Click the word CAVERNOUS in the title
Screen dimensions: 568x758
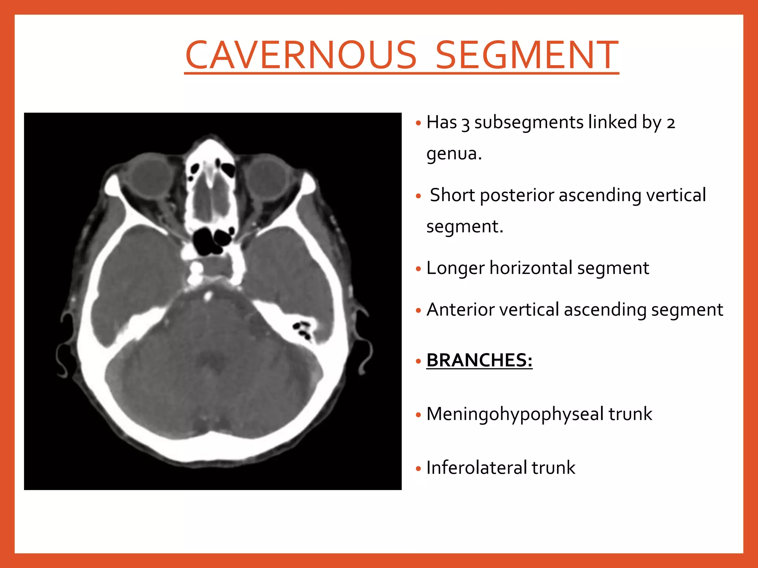(x=301, y=55)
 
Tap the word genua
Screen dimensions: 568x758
(x=454, y=154)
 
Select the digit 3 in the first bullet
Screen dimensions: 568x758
(x=465, y=124)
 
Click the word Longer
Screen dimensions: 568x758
(x=455, y=268)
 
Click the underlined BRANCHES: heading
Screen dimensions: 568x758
(x=479, y=360)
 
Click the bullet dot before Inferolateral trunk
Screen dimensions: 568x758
(x=418, y=469)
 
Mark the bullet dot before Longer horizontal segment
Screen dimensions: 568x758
(x=418, y=269)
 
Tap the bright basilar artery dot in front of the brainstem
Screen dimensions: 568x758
(x=208, y=295)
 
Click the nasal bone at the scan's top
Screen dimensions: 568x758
(x=210, y=146)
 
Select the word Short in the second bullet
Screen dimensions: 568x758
(x=452, y=195)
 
